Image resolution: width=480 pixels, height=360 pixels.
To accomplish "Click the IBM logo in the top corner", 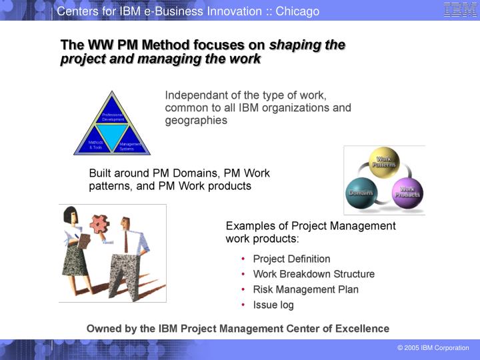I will tap(460, 10).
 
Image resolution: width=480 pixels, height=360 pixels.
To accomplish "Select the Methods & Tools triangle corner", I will tap(95, 145).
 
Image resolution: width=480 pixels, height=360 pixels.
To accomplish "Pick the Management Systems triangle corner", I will tap(130, 145).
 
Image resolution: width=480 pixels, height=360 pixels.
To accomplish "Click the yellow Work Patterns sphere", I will tap(384, 162).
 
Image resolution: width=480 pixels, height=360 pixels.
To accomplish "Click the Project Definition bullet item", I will tap(291, 259).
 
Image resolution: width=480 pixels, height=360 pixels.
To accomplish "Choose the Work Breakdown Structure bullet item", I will tap(313, 274).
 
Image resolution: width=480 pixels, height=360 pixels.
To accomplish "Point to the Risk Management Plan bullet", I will tap(305, 289).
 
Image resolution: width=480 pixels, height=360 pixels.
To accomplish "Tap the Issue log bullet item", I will tap(273, 305).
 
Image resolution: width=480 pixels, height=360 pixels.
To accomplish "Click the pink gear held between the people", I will tap(101, 225).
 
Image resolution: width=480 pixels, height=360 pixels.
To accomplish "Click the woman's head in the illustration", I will tap(71, 215).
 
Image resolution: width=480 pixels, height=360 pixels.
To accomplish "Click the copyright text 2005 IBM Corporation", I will tap(433, 348).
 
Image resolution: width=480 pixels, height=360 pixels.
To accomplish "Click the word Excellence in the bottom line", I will tap(363, 329).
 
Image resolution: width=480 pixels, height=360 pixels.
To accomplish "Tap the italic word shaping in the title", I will tap(294, 45).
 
